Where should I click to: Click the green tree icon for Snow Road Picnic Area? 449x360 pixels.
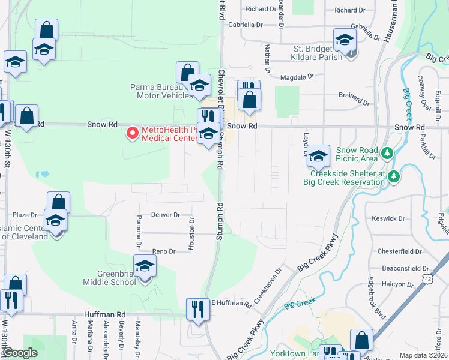pyautogui.click(x=388, y=154)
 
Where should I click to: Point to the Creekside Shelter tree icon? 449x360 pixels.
pyautogui.click(x=394, y=176)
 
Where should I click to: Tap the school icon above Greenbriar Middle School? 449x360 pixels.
pyautogui.click(x=145, y=266)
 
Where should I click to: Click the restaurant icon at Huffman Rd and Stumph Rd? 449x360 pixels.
pyautogui.click(x=197, y=309)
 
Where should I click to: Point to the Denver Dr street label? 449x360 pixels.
pyautogui.click(x=166, y=214)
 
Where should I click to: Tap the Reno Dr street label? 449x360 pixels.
pyautogui.click(x=163, y=251)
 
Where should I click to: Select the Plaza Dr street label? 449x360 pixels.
pyautogui.click(x=25, y=214)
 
